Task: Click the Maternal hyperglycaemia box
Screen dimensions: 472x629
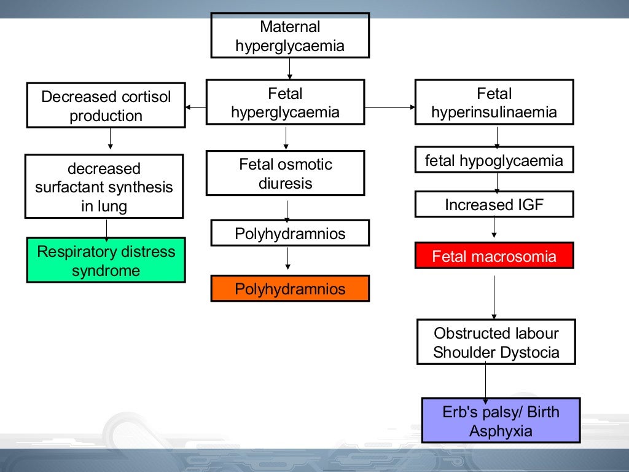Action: [290, 36]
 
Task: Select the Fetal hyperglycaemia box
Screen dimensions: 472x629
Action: [285, 103]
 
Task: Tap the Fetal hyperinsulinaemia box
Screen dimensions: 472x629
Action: [494, 103]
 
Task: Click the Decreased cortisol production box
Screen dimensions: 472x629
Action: [106, 106]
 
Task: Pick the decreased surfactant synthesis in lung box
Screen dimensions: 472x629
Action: [104, 187]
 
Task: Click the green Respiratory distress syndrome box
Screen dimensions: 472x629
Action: [106, 261]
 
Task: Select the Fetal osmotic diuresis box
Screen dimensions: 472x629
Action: [285, 173]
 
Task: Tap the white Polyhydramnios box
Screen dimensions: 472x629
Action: [290, 234]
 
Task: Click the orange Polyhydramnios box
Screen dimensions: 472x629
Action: [290, 289]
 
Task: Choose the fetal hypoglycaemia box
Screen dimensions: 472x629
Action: [494, 161]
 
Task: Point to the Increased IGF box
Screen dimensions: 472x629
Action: [494, 205]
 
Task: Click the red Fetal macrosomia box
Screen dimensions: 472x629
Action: [494, 256]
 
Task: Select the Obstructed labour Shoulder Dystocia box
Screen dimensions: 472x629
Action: [496, 343]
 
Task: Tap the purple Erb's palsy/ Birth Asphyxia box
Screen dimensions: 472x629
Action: [501, 421]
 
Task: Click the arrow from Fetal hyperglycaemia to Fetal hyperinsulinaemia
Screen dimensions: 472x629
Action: [390, 107]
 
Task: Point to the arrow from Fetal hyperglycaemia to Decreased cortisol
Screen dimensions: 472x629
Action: [195, 108]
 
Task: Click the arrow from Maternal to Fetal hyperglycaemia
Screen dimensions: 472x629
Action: [289, 69]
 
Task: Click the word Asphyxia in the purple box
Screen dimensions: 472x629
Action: [501, 431]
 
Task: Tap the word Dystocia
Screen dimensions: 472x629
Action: [529, 352]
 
